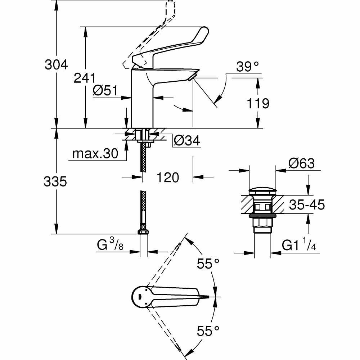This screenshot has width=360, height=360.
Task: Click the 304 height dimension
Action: pos(56,65)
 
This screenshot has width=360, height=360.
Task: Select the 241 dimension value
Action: pos(85,77)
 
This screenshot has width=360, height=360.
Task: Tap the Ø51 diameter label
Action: pos(105,91)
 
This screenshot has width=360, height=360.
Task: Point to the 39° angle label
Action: pos(248,67)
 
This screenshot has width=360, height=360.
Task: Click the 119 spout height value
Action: pos(258,104)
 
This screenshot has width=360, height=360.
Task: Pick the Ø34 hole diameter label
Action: pos(187,140)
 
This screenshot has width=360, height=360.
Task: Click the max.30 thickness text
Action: pos(95,154)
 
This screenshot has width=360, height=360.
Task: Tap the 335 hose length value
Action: pos(55,182)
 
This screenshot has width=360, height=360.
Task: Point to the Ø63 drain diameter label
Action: pos(301,164)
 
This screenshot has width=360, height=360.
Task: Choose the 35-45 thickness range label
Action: pos(307,205)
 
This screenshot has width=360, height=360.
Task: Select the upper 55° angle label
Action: pos(208,264)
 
